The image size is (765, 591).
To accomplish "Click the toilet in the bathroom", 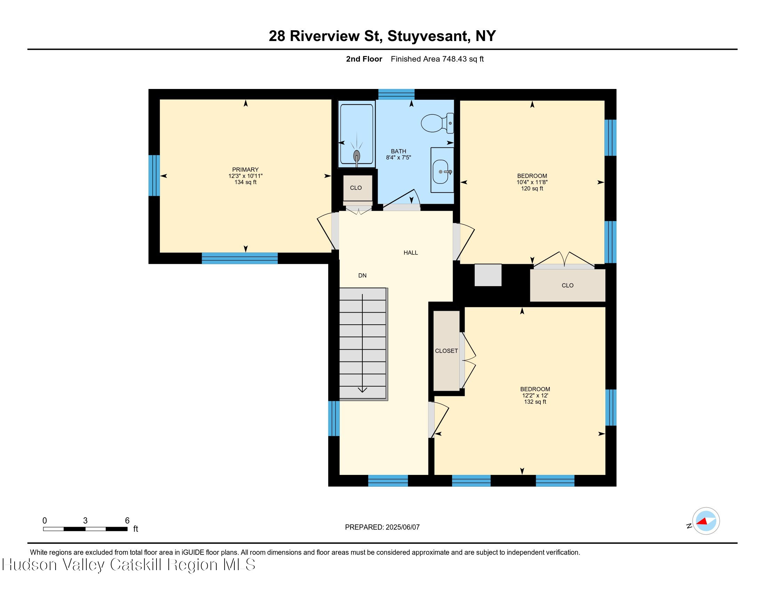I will [436, 123].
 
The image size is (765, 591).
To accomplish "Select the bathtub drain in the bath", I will [356, 156].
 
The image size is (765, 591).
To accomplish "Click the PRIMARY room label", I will [245, 169].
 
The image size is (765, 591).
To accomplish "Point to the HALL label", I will [411, 253].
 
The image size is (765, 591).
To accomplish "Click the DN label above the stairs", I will [362, 276].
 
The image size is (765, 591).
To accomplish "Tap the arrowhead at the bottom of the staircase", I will [362, 390].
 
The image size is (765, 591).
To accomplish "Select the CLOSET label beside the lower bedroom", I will [446, 351].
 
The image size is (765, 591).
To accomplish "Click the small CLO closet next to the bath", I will [356, 188].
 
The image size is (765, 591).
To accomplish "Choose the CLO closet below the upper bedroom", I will [567, 285].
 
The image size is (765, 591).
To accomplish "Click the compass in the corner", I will [706, 521].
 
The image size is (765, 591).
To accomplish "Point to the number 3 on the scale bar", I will [85, 521].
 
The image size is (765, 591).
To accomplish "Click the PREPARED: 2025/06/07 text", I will [382, 527].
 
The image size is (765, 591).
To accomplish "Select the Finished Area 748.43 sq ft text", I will [437, 59].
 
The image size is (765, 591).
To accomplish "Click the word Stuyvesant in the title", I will [429, 36].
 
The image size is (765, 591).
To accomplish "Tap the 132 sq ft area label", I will [535, 402].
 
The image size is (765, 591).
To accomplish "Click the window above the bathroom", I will [396, 94].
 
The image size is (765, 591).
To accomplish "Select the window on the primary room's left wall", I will [154, 176].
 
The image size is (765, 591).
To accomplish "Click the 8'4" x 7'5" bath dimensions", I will [398, 157].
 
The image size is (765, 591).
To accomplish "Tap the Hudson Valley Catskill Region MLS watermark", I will [129, 565].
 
